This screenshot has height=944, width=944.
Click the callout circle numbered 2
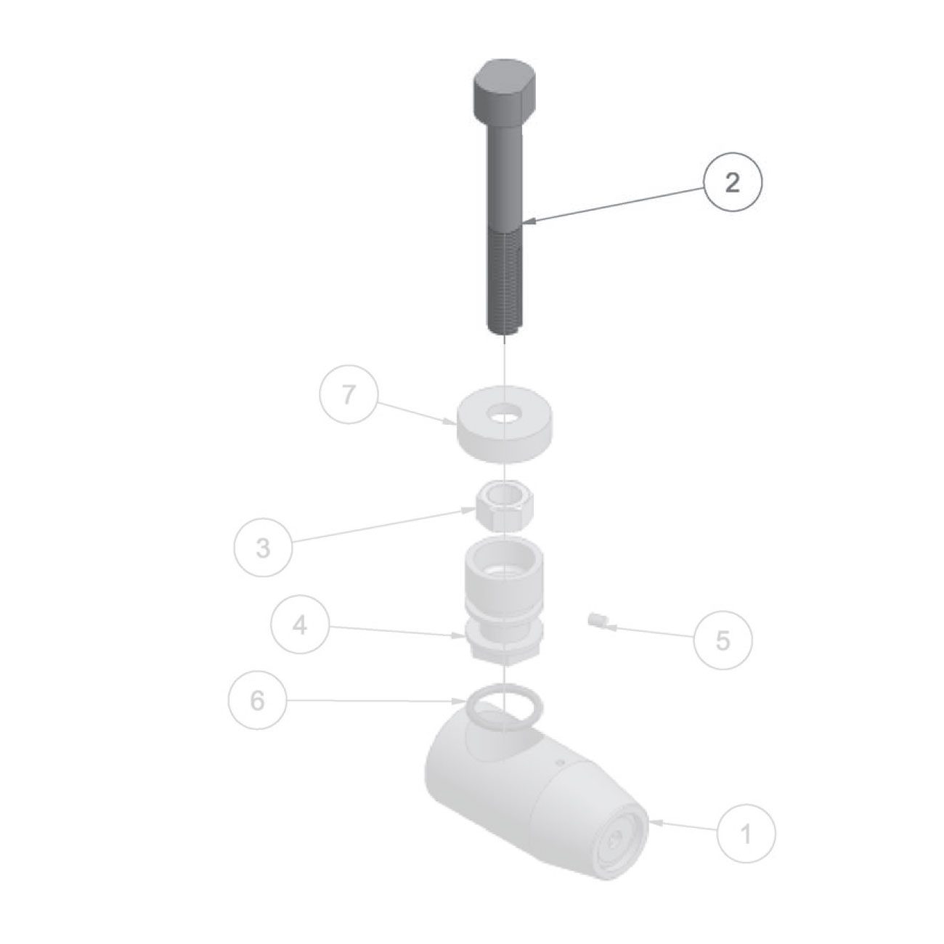point(733,183)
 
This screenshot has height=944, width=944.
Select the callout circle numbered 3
point(263,548)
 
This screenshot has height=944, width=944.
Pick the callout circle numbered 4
point(300,624)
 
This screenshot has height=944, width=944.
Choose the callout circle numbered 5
point(723,640)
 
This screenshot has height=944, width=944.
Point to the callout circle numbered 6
point(257,701)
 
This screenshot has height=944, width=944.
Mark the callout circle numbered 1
point(746,834)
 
